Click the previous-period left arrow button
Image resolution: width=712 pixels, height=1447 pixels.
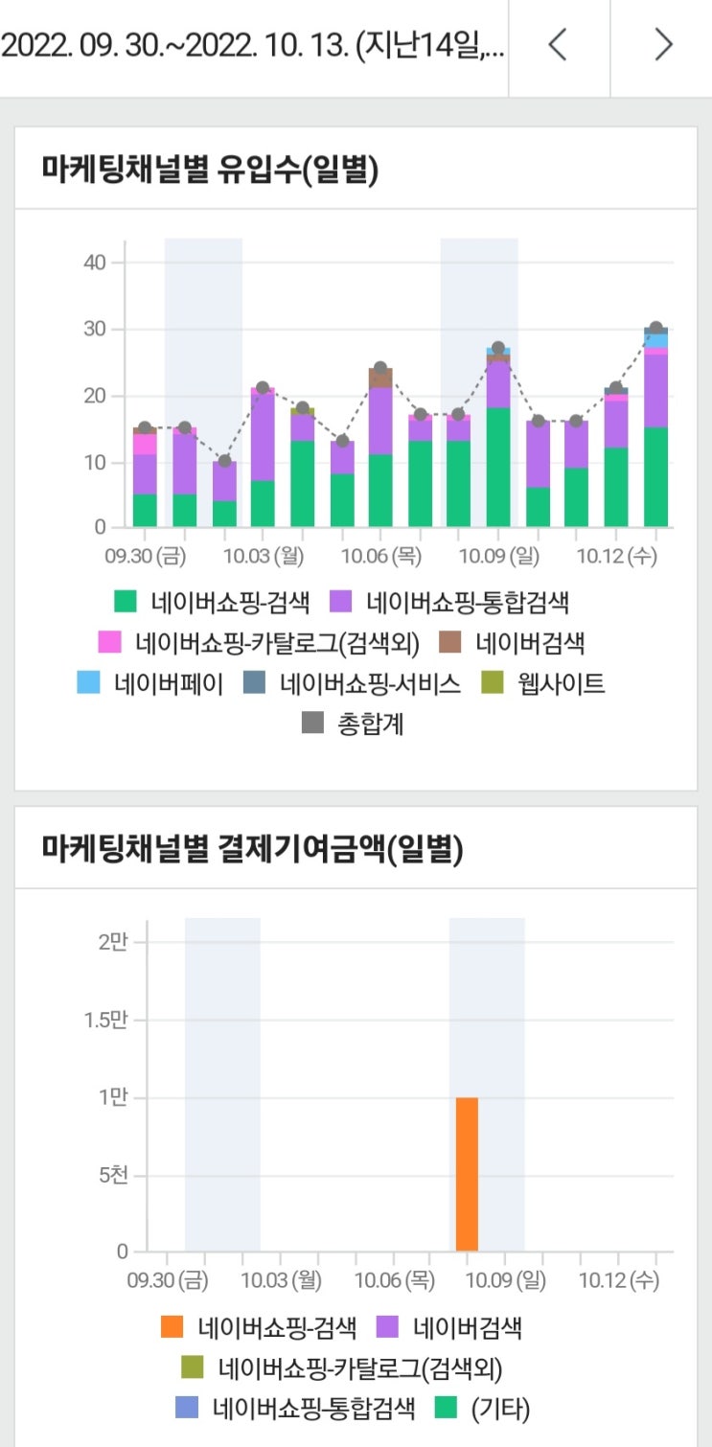point(558,45)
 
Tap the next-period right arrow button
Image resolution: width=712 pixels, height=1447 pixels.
point(662,45)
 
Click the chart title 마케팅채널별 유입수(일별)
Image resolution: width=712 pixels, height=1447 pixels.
point(210,171)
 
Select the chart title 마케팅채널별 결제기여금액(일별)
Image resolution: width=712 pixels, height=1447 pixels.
point(252,848)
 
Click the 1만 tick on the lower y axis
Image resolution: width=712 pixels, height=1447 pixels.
point(113,1098)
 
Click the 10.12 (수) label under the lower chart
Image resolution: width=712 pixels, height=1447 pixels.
point(619,1279)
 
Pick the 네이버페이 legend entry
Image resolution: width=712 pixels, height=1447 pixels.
point(151,683)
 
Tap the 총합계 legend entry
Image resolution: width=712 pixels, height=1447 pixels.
point(354,724)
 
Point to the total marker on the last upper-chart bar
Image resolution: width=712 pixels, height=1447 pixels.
point(656,329)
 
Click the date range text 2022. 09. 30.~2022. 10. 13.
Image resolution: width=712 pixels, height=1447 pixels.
point(251,46)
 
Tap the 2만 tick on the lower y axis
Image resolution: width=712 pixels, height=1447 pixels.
point(113,942)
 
